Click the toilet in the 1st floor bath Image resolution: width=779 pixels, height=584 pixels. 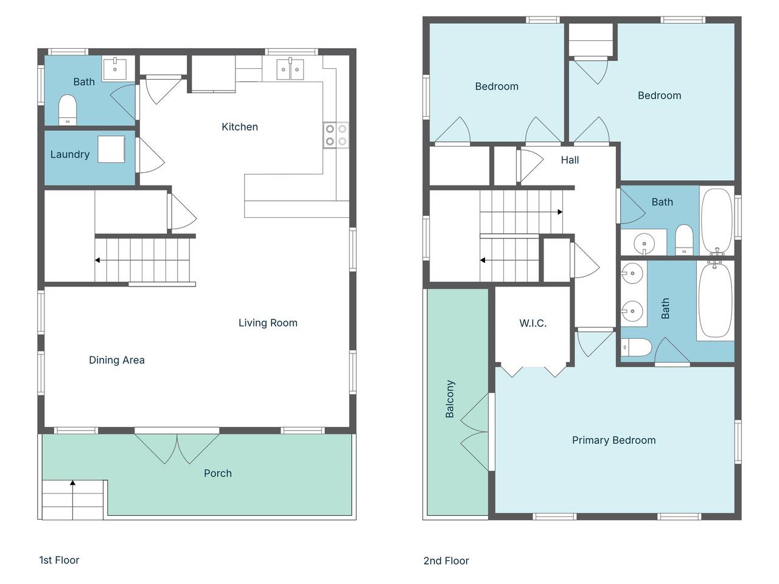[x=68, y=109]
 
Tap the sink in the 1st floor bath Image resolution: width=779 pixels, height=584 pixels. [x=114, y=69]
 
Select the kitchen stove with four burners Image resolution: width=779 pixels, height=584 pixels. [x=336, y=135]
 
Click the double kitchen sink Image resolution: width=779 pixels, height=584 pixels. [x=290, y=69]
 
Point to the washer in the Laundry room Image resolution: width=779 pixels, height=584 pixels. [x=111, y=149]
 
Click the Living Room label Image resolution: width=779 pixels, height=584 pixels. [x=268, y=323]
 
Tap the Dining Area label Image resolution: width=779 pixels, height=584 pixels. [x=117, y=360]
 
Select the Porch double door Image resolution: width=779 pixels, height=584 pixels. [x=176, y=447]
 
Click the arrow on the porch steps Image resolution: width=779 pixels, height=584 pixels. [x=72, y=483]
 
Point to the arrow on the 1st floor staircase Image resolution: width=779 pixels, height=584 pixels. [x=97, y=260]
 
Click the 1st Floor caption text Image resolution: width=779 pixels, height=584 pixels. [x=59, y=560]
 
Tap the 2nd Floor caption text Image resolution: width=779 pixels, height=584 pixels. [x=446, y=561]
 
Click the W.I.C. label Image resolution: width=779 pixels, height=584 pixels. [x=533, y=324]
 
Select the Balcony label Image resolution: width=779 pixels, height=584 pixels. [x=450, y=399]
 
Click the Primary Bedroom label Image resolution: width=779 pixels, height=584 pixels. [x=613, y=440]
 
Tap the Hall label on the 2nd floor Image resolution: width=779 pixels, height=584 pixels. [x=570, y=160]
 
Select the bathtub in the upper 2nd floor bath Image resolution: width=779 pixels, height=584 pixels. [x=716, y=221]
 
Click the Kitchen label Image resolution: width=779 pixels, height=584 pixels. [x=240, y=127]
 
